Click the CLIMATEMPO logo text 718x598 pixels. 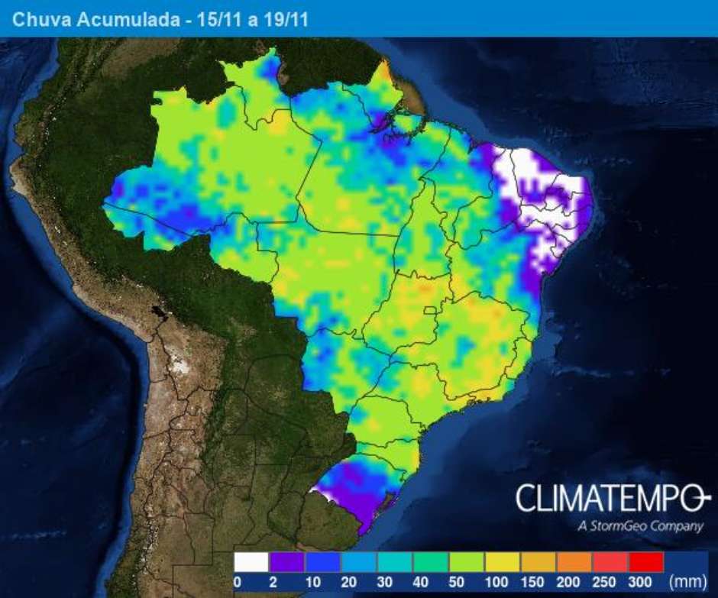click(608, 499)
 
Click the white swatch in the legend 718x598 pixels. click(251, 563)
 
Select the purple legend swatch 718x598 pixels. click(286, 563)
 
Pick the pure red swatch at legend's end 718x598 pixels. click(646, 563)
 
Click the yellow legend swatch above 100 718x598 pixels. click(503, 563)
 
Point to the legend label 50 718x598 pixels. click(457, 583)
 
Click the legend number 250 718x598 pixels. click(600, 583)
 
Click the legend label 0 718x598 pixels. click(238, 583)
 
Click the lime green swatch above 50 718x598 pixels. click(467, 563)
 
